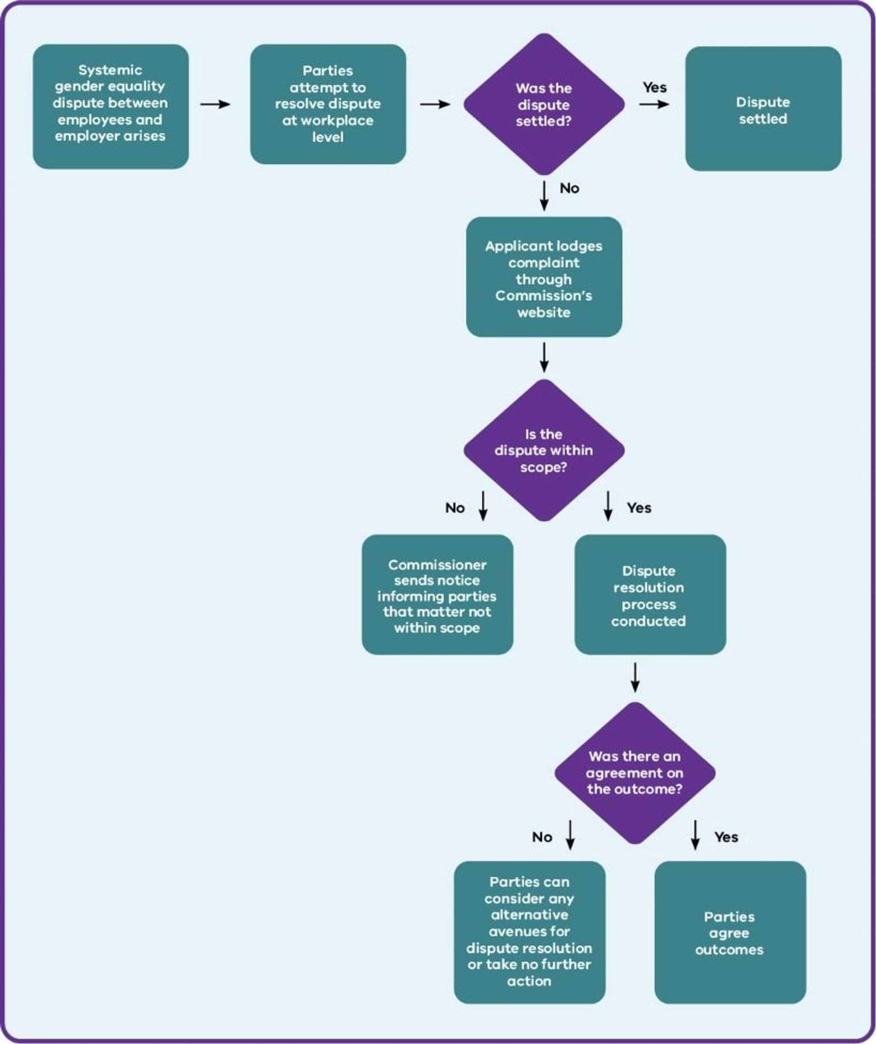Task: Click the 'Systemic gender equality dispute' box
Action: (111, 106)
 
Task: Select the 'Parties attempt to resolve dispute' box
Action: (328, 104)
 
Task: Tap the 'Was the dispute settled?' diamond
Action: (544, 104)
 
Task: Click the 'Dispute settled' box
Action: (763, 109)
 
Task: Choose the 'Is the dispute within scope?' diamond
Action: (544, 450)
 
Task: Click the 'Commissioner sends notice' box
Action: (437, 595)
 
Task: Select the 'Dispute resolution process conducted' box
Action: (650, 595)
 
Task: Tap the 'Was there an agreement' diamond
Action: (635, 773)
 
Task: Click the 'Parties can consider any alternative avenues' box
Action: (529, 932)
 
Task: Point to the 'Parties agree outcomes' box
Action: (730, 932)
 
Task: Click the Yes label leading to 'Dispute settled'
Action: (655, 87)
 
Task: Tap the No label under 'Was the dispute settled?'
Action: (569, 188)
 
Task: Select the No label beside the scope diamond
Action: (455, 507)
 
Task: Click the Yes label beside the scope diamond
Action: (639, 507)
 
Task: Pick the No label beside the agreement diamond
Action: (542, 837)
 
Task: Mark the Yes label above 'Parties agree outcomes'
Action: (726, 837)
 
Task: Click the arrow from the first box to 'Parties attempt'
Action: (215, 104)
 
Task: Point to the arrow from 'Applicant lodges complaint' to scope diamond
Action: (544, 357)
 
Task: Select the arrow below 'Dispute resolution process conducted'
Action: (635, 677)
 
